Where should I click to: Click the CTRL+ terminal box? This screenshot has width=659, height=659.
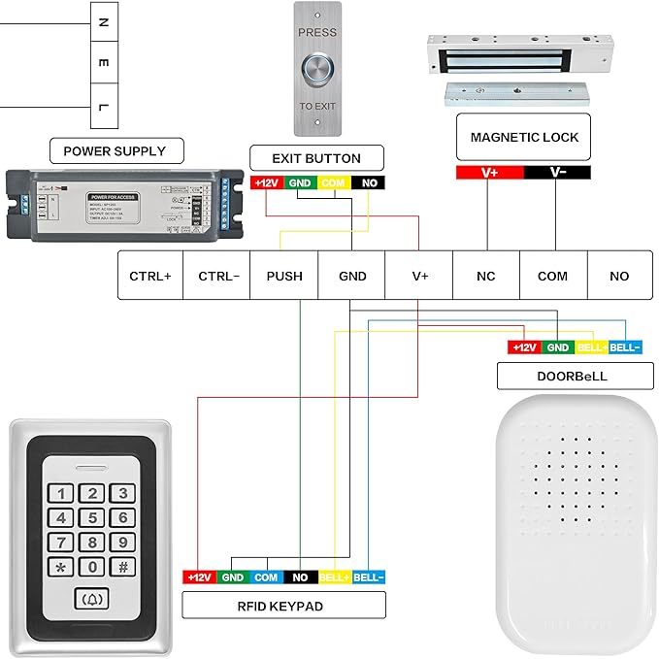point(150,276)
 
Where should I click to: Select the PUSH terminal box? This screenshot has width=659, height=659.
point(284,276)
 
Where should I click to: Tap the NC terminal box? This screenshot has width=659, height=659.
point(486,276)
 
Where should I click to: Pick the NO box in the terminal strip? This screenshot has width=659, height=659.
point(619,276)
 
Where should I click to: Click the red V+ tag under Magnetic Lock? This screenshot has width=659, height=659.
point(490,172)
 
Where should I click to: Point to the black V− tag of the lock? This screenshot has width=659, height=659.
point(557,172)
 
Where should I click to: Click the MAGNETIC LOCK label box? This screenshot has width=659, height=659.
point(524,138)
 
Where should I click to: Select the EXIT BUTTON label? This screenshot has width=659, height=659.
point(317,158)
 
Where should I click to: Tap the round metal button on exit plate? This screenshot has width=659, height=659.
point(317,69)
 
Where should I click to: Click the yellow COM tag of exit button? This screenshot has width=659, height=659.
point(333,182)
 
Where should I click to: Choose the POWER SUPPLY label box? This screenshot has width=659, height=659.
point(115,150)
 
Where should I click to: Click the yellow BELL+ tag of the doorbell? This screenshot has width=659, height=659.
point(591,347)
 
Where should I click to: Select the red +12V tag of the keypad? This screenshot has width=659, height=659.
point(199,577)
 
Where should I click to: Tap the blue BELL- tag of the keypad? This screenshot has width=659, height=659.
point(369,577)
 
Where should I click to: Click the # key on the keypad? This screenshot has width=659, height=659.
point(123,567)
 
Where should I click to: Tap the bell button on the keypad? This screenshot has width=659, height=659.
point(92,600)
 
